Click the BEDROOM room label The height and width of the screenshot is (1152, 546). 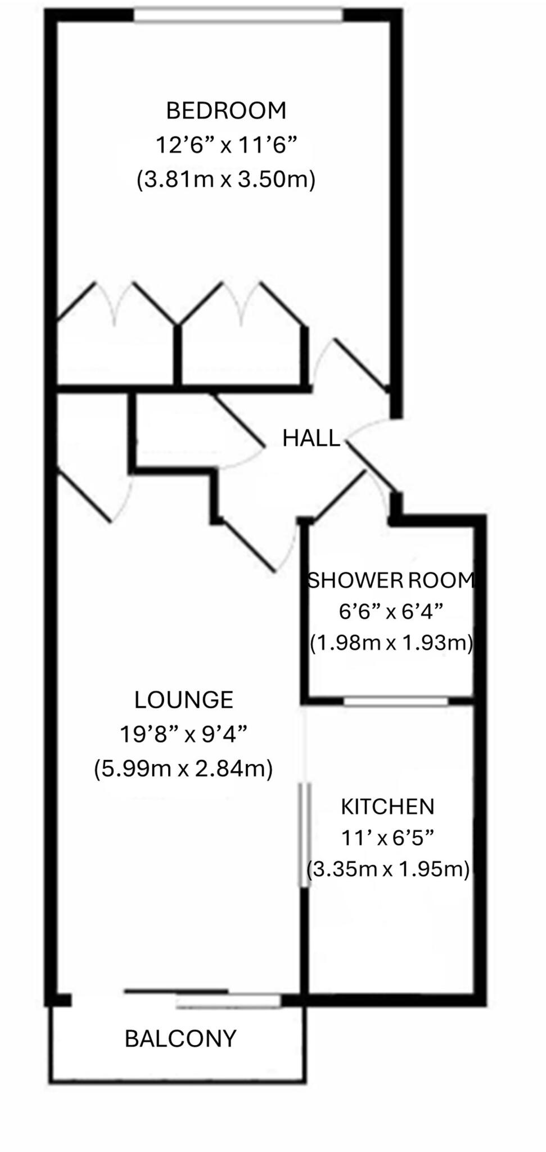[x=226, y=110]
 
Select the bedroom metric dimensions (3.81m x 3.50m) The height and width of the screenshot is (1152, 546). [x=226, y=180]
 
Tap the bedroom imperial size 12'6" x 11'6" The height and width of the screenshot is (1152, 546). [x=226, y=145]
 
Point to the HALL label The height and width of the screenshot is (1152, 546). [x=311, y=438]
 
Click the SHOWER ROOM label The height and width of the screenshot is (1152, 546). [x=391, y=580]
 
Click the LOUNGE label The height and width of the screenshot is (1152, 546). [x=183, y=700]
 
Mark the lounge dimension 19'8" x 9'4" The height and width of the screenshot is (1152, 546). [x=183, y=733]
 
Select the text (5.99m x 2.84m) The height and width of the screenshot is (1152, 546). [x=183, y=768]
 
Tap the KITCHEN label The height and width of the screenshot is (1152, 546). [x=387, y=807]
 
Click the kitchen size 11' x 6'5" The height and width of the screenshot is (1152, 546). [x=387, y=838]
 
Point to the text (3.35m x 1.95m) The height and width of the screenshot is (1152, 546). [x=388, y=870]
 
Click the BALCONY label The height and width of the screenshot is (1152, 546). [x=181, y=1038]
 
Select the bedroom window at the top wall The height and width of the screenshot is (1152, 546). [x=238, y=15]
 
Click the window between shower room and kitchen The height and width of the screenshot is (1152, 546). [x=396, y=701]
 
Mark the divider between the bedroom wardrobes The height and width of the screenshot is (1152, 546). [x=178, y=355]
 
